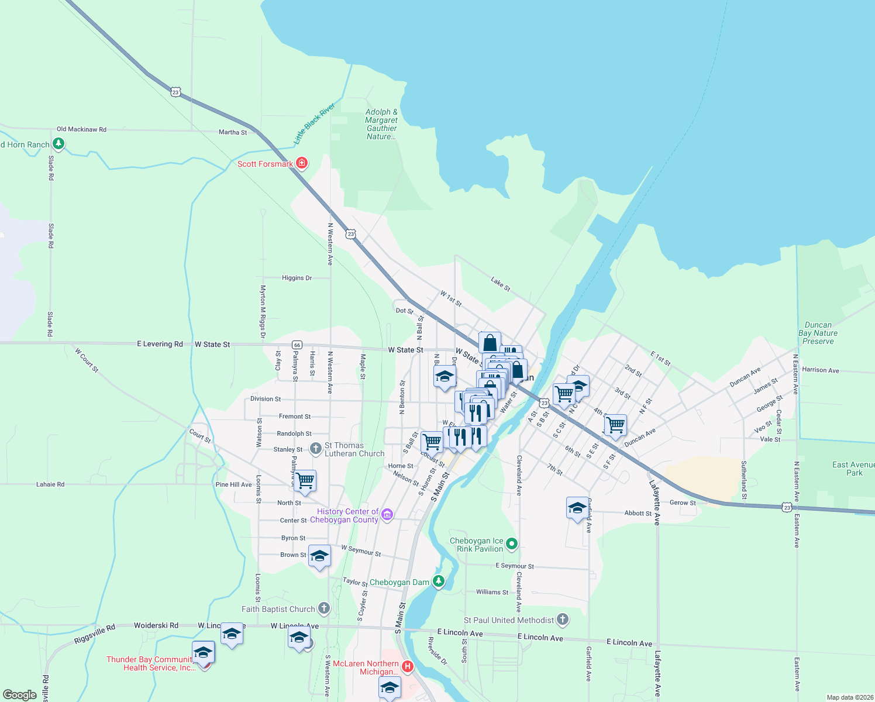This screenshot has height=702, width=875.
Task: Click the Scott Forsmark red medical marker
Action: click(x=302, y=163)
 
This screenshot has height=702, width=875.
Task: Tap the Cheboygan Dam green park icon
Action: click(x=438, y=581)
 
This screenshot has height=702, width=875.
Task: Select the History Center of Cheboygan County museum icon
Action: click(x=387, y=515)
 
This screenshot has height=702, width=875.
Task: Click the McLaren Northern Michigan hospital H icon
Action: click(x=408, y=666)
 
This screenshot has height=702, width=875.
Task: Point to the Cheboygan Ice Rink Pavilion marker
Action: click(x=512, y=544)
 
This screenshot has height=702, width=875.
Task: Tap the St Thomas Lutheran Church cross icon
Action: click(x=315, y=449)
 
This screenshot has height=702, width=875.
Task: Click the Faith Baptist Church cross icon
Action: click(x=324, y=608)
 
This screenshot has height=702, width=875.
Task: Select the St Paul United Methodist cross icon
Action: click(x=563, y=619)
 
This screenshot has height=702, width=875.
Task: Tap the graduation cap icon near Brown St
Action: click(x=319, y=556)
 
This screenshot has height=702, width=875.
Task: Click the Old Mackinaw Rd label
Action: click(x=81, y=129)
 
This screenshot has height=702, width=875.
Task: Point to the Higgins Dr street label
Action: click(x=297, y=278)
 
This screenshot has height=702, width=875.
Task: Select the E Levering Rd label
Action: click(x=160, y=344)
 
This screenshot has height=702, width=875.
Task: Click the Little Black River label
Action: click(x=314, y=123)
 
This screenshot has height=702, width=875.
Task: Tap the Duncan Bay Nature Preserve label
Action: click(x=818, y=333)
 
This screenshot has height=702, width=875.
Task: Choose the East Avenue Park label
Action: click(x=853, y=469)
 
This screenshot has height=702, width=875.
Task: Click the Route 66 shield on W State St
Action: click(x=297, y=345)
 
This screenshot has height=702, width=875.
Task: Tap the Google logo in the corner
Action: click(x=20, y=695)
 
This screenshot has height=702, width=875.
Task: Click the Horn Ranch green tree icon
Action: click(x=58, y=143)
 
